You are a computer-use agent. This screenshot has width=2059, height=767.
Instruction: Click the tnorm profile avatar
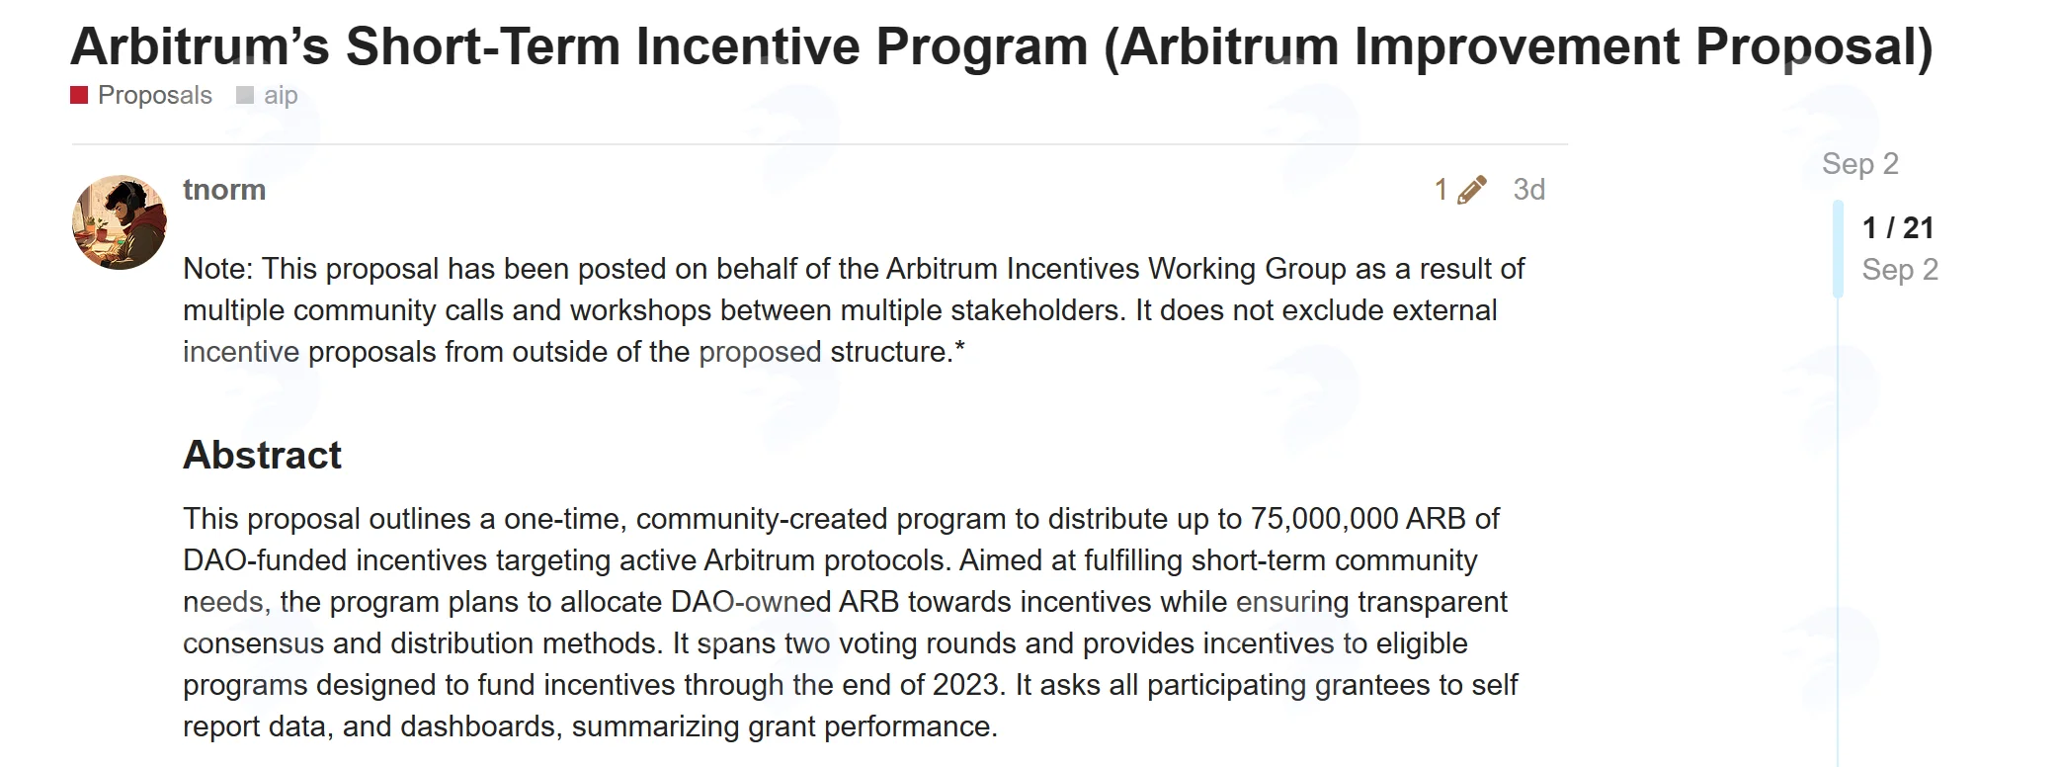[x=120, y=222]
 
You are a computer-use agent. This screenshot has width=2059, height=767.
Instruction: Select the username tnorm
[x=224, y=190]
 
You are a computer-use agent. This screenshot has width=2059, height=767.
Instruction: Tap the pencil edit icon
[x=1471, y=190]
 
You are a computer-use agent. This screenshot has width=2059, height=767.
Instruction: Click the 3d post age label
[x=1528, y=190]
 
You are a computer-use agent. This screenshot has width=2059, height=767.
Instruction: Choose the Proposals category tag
[x=155, y=95]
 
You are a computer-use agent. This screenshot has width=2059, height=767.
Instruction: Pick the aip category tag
[x=281, y=95]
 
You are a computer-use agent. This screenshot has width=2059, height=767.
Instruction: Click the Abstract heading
[x=262, y=455]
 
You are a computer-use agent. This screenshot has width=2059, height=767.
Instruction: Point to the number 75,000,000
[x=1324, y=519]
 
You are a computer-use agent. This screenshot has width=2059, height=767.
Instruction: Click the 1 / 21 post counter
[x=1897, y=227]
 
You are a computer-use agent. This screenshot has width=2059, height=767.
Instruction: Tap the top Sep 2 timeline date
[x=1859, y=163]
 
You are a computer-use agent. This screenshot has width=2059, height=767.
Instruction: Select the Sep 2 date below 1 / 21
[x=1899, y=269]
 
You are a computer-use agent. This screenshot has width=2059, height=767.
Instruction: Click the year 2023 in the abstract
[x=966, y=685]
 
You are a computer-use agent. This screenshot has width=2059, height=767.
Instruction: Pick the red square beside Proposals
[x=80, y=95]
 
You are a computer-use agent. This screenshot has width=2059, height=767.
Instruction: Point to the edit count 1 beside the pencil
[x=1441, y=190]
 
